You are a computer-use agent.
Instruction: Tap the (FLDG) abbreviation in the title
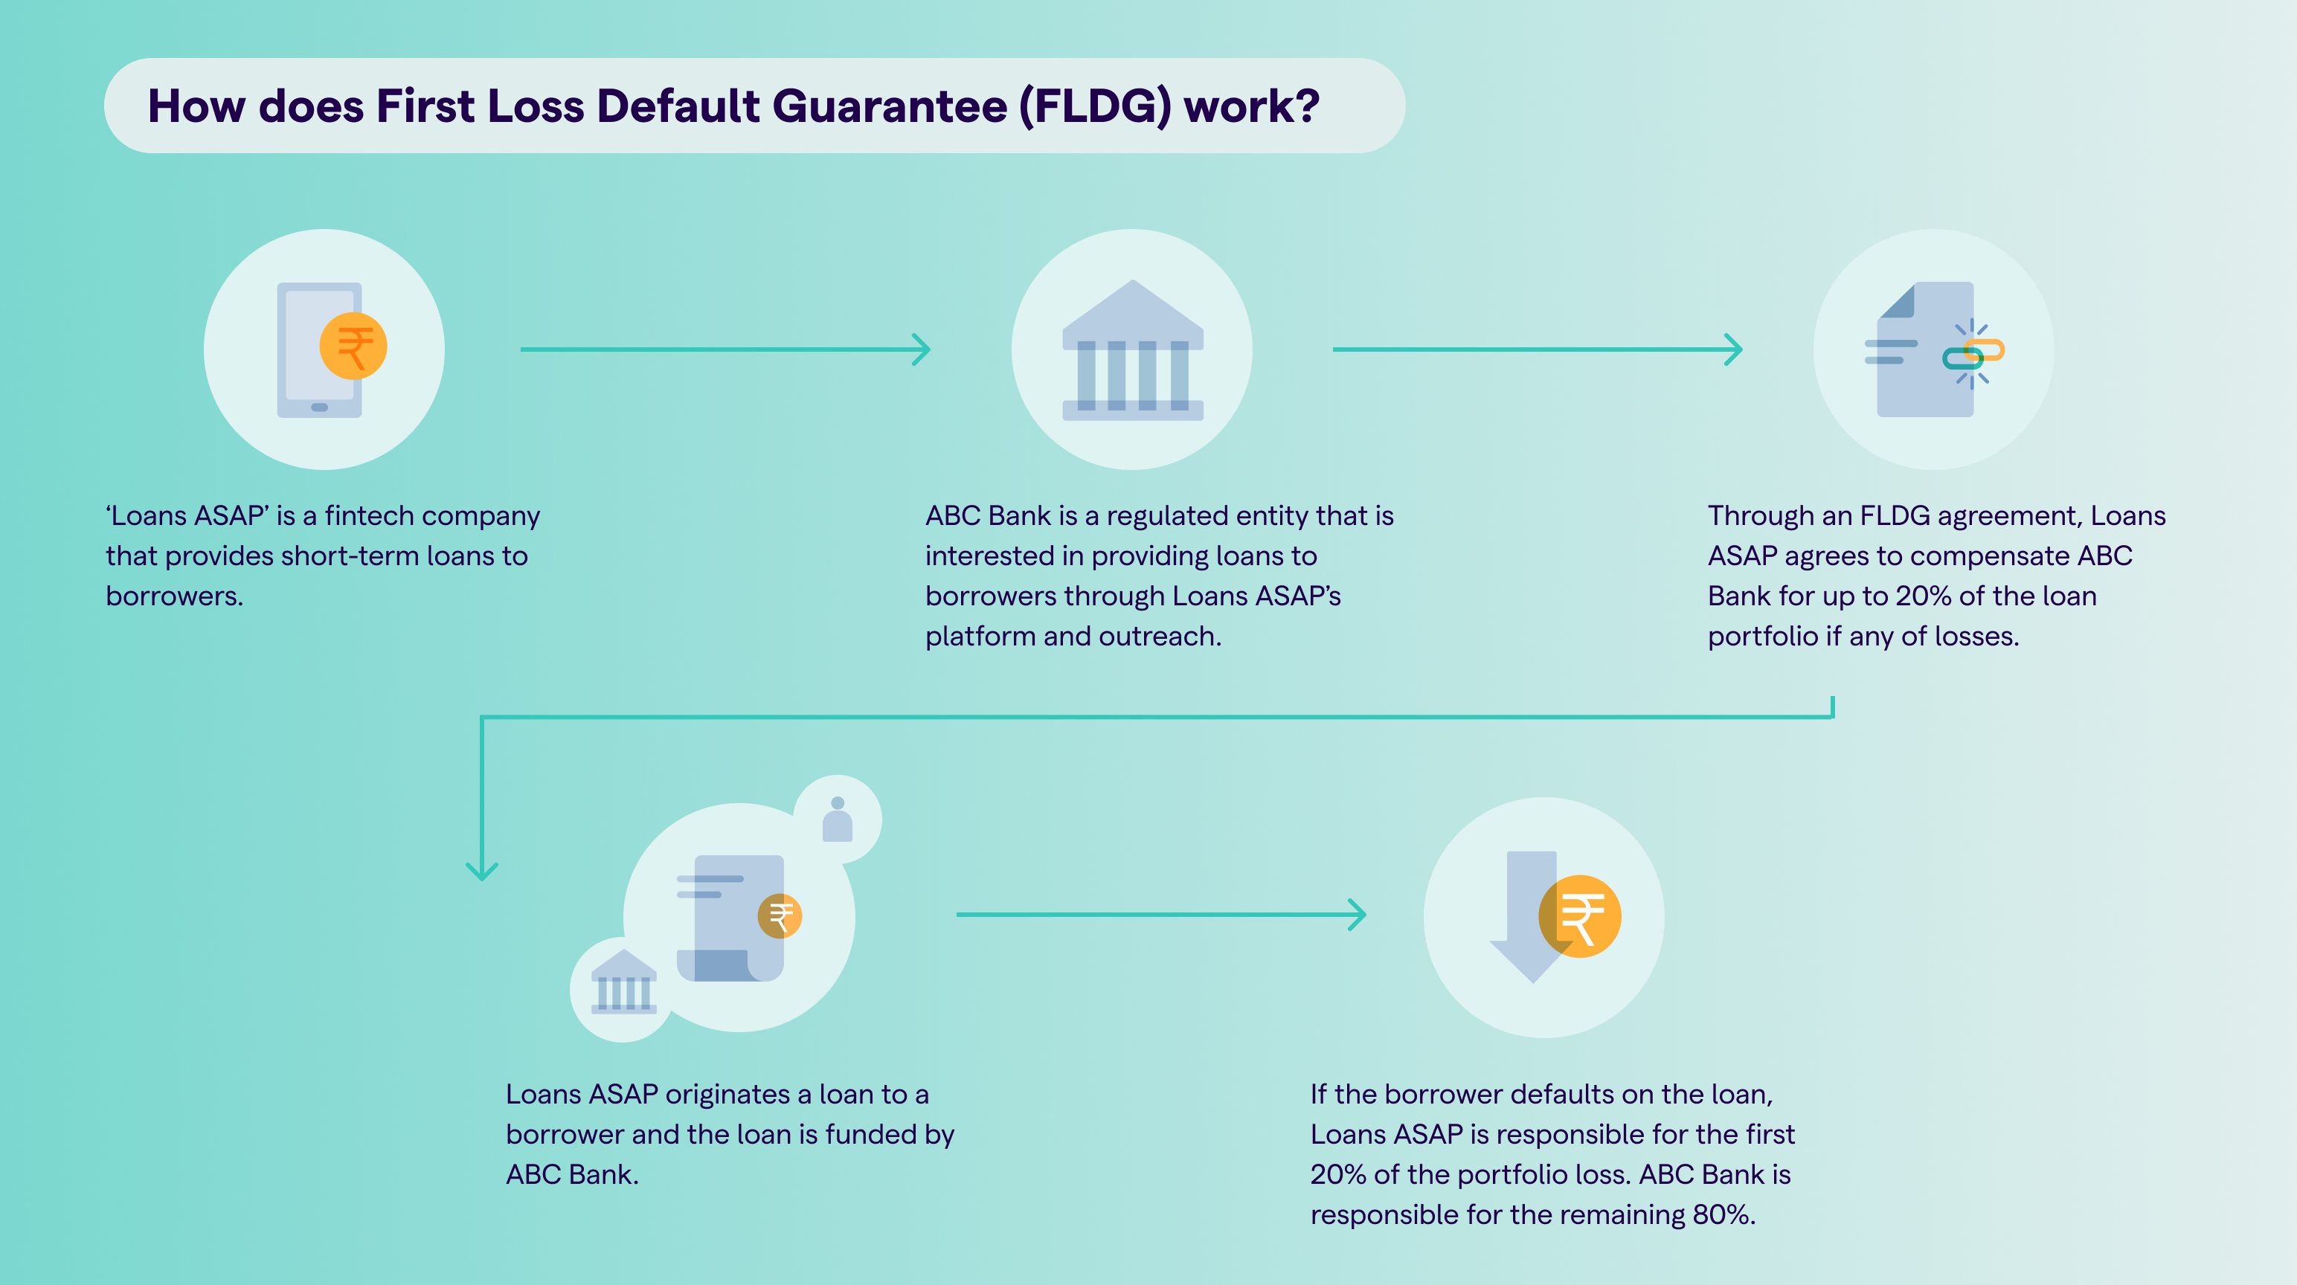(x=1095, y=106)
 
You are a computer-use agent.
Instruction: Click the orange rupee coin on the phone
(x=353, y=347)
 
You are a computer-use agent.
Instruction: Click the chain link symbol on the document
(x=1973, y=354)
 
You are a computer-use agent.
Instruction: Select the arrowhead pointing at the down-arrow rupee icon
(x=1358, y=915)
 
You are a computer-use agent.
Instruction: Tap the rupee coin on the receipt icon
(x=780, y=916)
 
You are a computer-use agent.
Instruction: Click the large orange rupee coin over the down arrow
(x=1580, y=917)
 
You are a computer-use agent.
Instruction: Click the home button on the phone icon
(x=319, y=408)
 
